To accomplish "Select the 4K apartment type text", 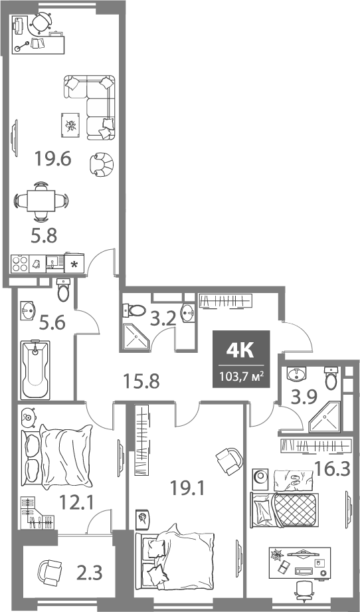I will pos(240,350).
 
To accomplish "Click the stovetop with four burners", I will pos(19,263).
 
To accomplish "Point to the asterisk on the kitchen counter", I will pos(74,264).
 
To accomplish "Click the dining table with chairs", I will pos(41,200).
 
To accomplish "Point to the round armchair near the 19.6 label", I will pos(101,164).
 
